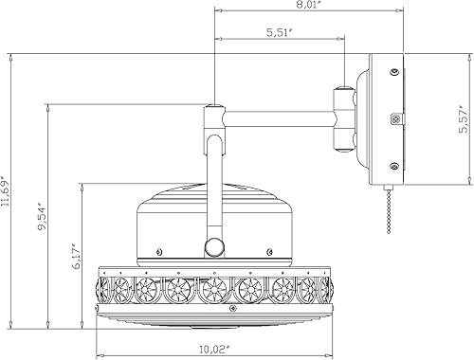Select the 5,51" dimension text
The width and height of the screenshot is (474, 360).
[279, 33]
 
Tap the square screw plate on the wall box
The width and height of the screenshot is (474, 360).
[395, 120]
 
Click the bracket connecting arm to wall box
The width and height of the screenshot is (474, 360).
[345, 118]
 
